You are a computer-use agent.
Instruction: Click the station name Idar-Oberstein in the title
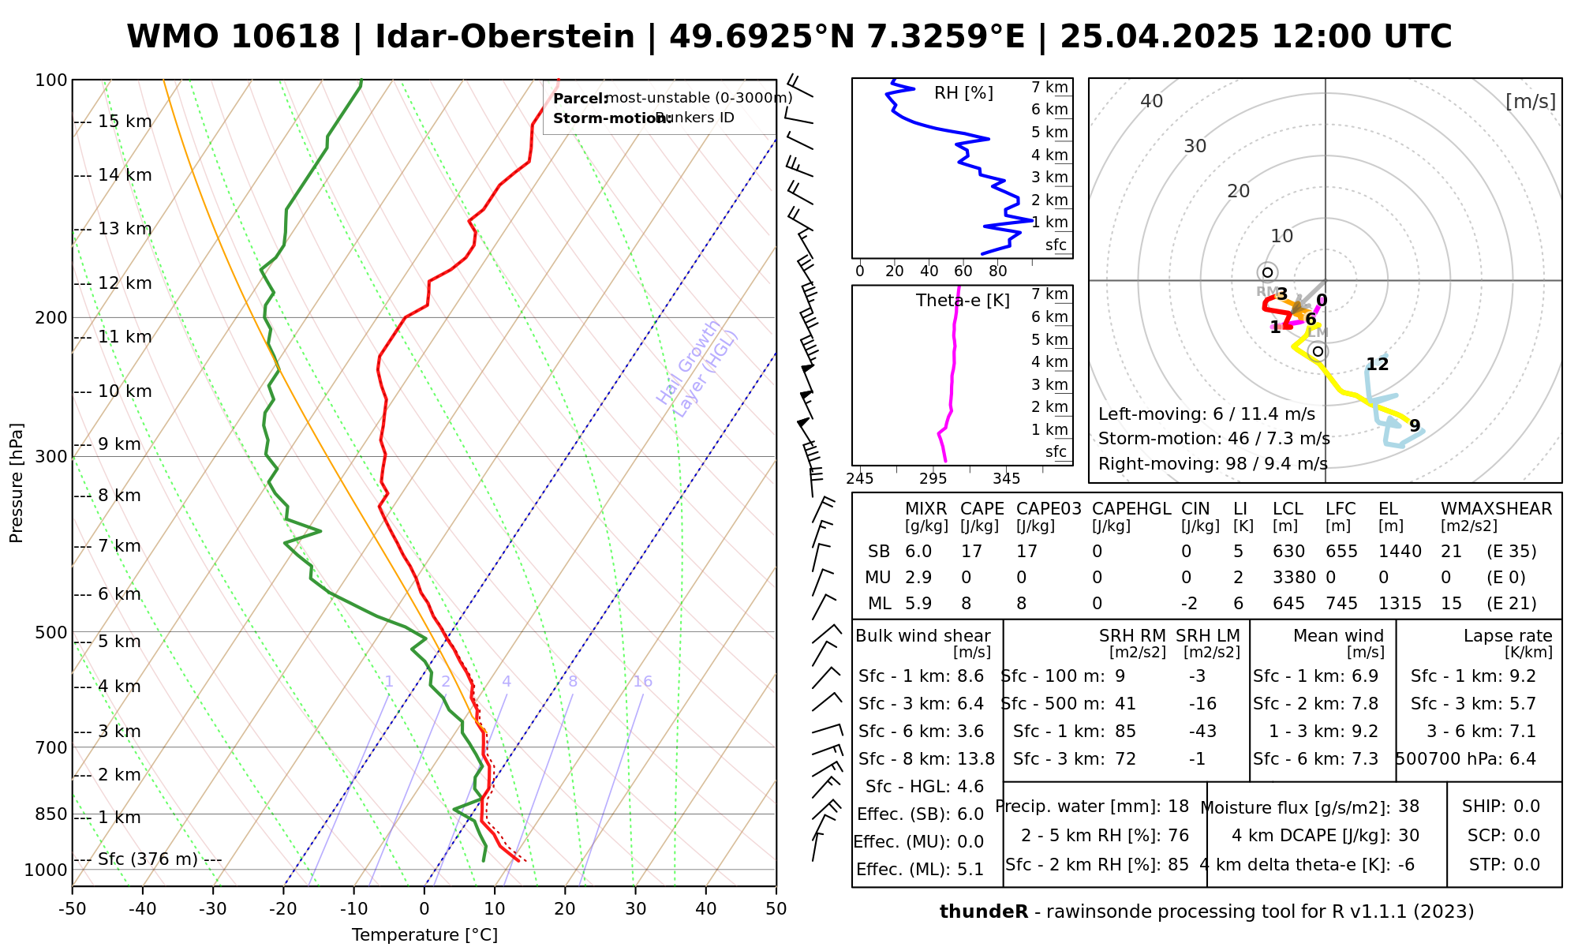[x=504, y=37]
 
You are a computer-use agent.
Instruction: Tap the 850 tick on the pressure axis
[x=52, y=814]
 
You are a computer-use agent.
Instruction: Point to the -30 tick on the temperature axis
[x=212, y=909]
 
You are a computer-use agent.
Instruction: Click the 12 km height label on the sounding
[x=125, y=283]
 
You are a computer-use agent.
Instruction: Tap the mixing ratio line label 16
[x=642, y=682]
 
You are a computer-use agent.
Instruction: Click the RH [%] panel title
[x=963, y=93]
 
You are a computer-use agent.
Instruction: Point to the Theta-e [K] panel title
[x=963, y=301]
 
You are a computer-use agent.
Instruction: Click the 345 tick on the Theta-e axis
[x=1006, y=479]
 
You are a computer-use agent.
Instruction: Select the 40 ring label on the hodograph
[x=1152, y=101]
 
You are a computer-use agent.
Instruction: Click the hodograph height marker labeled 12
[x=1378, y=365]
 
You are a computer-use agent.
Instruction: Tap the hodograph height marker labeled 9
[x=1415, y=426]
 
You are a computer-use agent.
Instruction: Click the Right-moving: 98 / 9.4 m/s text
[x=1213, y=464]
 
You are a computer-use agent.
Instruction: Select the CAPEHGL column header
[x=1131, y=509]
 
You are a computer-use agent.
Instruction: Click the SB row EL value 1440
[x=1400, y=552]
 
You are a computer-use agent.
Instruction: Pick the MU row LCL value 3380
[x=1294, y=578]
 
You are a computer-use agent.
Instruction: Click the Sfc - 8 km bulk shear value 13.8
[x=976, y=759]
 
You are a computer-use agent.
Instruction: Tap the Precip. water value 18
[x=1178, y=807]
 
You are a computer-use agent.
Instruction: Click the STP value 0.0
[x=1527, y=865]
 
